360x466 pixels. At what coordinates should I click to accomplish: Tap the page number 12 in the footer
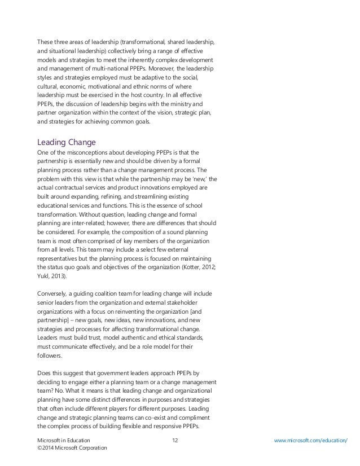[174, 438]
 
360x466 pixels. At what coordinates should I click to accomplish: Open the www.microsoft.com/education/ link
[310, 438]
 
